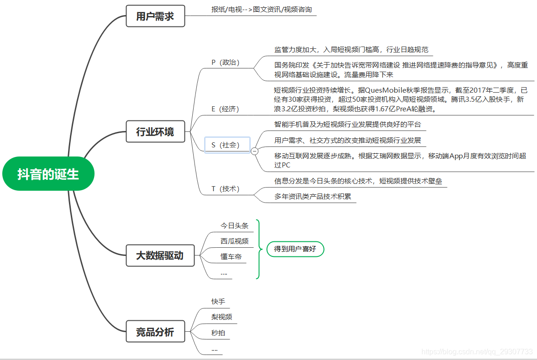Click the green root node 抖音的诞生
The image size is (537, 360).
pos(48,174)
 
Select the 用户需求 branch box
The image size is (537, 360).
pos(155,16)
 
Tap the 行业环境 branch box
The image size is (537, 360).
pos(155,132)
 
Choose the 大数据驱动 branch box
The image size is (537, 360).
pos(160,256)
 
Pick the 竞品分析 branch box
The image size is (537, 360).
pos(155,332)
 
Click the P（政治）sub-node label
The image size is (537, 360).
pos(226,63)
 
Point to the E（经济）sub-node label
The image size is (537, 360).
pos(225,109)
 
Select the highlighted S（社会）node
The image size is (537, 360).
pos(227,145)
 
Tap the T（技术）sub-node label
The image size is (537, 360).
pos(226,189)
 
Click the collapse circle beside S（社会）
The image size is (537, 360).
pos(254,151)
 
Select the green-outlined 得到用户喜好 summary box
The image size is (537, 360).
pos(295,249)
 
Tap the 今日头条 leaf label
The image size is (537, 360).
pos(235,226)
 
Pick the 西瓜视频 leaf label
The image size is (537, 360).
pos(235,241)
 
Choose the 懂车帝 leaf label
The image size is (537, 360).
pos(231,257)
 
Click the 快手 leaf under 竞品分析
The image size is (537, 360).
pos(218,302)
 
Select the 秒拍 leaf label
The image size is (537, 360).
pos(218,333)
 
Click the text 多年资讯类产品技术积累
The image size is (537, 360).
pos(312,197)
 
